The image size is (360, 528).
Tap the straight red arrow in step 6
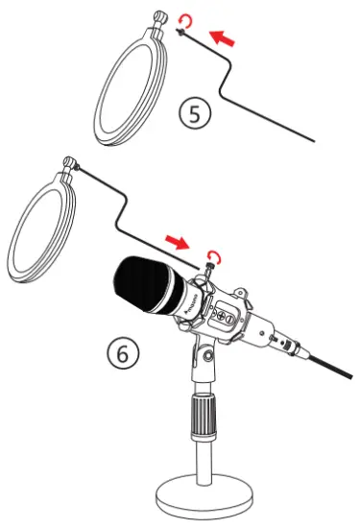[x=179, y=237]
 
